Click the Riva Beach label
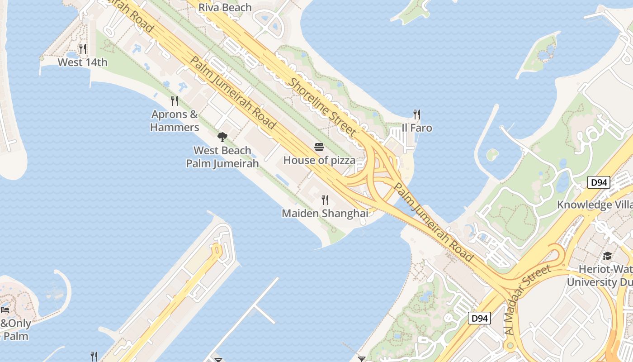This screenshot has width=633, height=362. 225,8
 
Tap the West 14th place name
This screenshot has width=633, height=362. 83,62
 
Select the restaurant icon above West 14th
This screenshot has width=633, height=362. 83,48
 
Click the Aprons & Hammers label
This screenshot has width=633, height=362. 175,121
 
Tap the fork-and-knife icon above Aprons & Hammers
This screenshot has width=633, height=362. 175,100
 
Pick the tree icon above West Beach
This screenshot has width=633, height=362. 222,137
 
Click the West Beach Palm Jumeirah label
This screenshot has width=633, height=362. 222,157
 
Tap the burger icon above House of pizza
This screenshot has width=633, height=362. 319,147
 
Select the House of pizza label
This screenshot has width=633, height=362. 319,160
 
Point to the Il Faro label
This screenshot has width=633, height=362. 417,128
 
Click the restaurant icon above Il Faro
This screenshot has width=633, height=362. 417,114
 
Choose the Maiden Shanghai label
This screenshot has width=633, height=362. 325,213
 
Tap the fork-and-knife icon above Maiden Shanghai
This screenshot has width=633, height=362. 325,200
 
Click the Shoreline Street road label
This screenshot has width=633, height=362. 322,107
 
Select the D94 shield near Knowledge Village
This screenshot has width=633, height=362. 599,183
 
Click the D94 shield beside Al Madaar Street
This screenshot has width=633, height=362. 479,318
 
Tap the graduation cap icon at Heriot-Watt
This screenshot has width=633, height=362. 607,256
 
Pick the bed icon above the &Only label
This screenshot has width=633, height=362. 5,310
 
